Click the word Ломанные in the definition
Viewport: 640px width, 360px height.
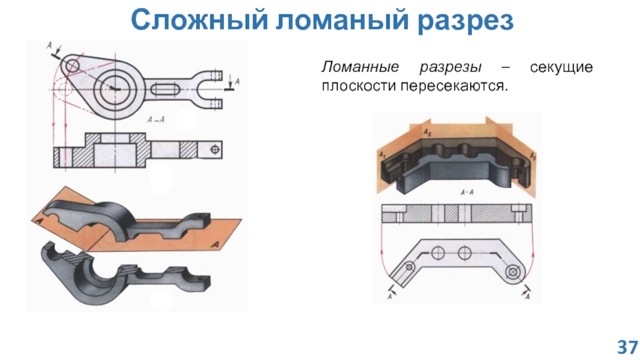pos(358,67)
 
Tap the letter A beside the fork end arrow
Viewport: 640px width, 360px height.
pos(238,82)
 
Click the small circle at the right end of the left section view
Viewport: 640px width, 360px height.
pos(214,149)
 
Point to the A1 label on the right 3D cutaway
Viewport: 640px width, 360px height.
pos(384,152)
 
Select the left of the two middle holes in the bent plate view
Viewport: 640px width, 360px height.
pos(437,253)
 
